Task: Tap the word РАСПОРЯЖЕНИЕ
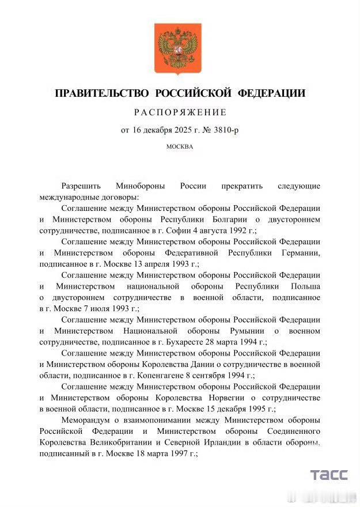coord(180,112)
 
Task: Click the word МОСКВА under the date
coord(180,146)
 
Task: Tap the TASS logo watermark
coord(329,475)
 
